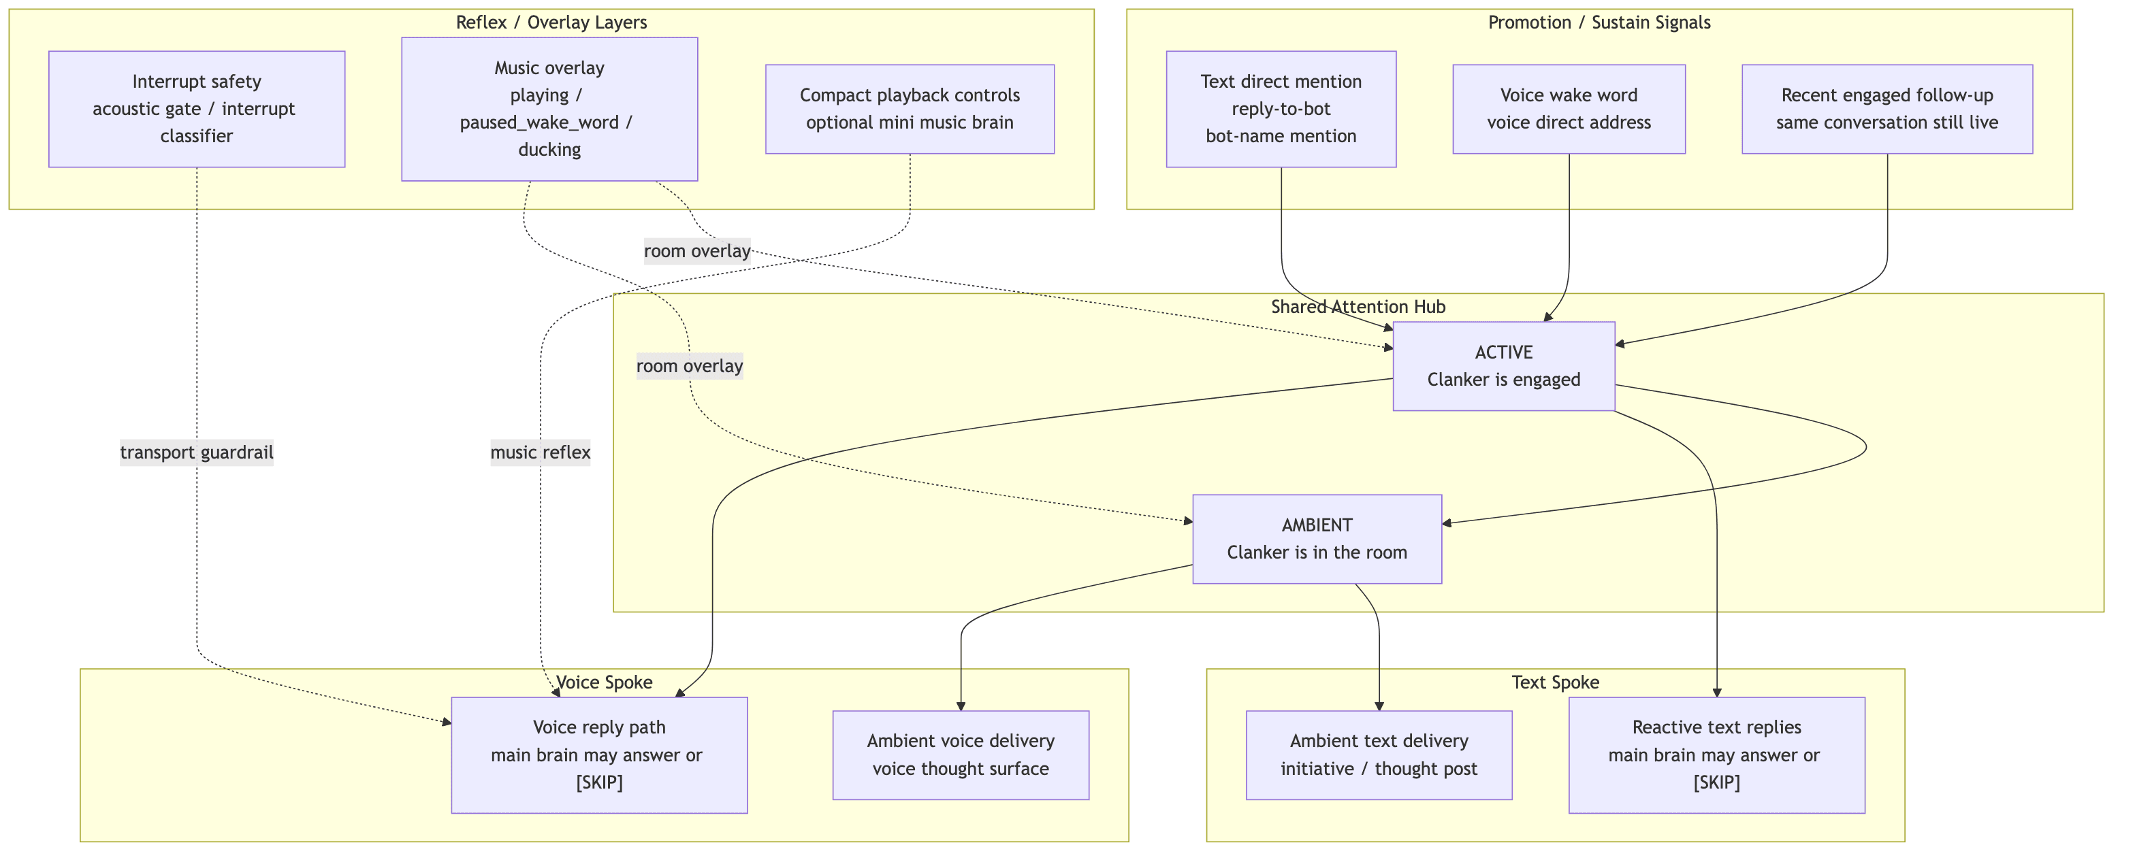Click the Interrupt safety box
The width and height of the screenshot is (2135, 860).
point(197,109)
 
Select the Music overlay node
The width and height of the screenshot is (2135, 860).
point(549,109)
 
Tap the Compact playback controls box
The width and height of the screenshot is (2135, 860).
point(909,109)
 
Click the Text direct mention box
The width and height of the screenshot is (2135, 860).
point(1281,109)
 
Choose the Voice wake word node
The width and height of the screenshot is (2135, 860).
point(1568,109)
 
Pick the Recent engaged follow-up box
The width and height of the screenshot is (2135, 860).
point(1887,109)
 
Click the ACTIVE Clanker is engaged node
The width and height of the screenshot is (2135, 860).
point(1503,365)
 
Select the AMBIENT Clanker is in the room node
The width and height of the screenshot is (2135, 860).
point(1316,539)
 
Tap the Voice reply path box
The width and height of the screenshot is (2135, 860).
point(598,754)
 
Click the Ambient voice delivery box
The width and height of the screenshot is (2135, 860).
point(960,754)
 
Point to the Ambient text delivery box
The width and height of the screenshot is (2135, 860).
point(1379,754)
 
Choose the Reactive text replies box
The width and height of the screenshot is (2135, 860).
point(1716,754)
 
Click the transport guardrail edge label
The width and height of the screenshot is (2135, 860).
point(197,452)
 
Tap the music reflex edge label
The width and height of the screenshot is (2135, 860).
point(541,452)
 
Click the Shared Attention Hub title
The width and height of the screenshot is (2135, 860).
point(1358,307)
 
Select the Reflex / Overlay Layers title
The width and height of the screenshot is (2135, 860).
point(551,22)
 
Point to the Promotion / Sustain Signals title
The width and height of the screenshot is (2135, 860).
point(1599,22)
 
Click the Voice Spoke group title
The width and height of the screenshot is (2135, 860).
point(603,682)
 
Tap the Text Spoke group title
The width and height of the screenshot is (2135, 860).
point(1555,682)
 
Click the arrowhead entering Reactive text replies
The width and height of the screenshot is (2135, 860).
point(1716,693)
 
